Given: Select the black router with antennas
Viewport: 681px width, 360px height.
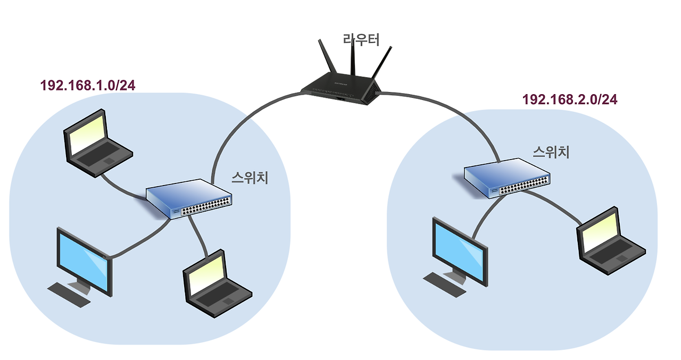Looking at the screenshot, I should coord(341,88).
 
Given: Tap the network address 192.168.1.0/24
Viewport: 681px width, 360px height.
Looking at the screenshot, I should coord(88,85).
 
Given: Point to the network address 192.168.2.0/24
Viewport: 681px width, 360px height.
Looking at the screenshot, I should coord(570,99).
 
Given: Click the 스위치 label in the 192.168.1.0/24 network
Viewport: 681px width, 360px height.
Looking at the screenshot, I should coord(250,178).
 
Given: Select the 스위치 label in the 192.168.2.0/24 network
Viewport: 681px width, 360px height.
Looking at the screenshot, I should coord(551,152).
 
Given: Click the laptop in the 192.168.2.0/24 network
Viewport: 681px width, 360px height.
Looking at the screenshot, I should coord(611,239).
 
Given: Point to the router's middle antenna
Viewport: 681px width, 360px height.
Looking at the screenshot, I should coord(352,58).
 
